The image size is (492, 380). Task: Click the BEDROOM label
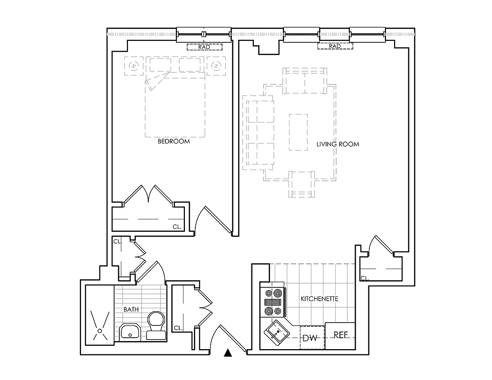[x=174, y=142]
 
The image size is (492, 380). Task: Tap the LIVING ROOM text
[x=338, y=144]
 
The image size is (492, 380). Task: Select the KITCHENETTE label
[x=319, y=299]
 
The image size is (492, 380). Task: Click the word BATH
[x=131, y=309]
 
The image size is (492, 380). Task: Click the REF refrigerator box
[x=341, y=335]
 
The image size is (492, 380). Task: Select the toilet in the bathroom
[x=156, y=325]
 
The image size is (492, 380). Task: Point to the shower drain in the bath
[x=99, y=329]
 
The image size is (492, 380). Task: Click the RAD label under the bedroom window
[x=204, y=47]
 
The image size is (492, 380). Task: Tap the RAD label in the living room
[x=335, y=47]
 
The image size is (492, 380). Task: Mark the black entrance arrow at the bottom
[x=228, y=352]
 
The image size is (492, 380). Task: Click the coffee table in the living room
[x=298, y=132]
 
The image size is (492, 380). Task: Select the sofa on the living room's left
[x=258, y=133]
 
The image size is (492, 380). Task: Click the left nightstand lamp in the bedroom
[x=134, y=66]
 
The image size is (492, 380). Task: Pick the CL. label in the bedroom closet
[x=177, y=227]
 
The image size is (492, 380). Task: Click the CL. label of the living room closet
[x=365, y=278]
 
